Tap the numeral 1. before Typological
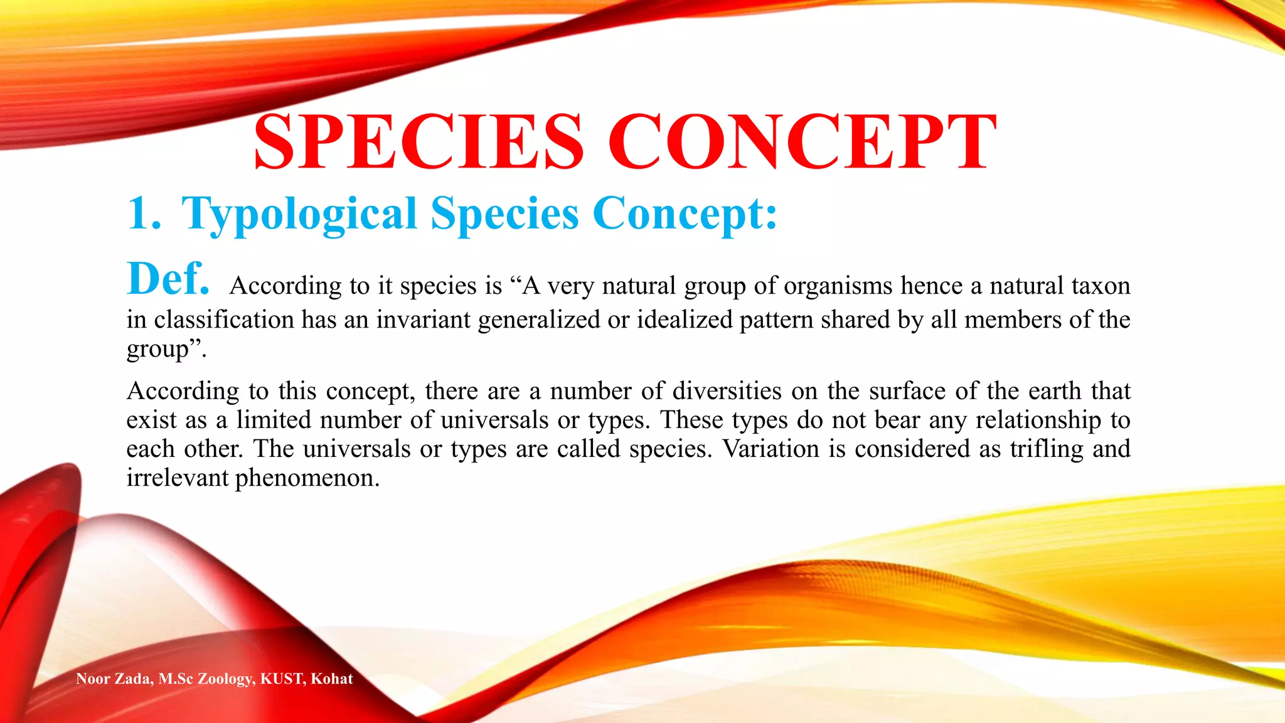pos(144,213)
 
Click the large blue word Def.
pos(168,279)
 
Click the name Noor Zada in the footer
pos(113,678)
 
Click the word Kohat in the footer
pos(332,678)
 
